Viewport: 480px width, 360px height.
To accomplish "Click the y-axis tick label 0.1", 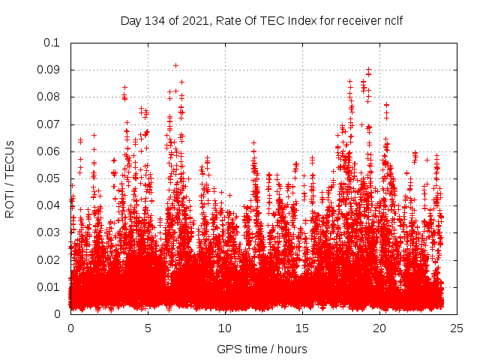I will [x=53, y=43].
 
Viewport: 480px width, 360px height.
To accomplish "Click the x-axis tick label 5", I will [x=148, y=328].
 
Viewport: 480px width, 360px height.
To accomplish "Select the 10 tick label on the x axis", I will [x=225, y=328].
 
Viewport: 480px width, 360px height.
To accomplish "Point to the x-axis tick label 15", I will [x=302, y=328].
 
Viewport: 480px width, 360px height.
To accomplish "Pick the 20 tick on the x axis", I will [x=379, y=328].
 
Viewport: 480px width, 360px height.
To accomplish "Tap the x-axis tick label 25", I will [x=457, y=328].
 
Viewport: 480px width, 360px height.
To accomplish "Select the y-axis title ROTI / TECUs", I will [x=10, y=178].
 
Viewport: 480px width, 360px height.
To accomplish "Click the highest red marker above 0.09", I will [x=175, y=65].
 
